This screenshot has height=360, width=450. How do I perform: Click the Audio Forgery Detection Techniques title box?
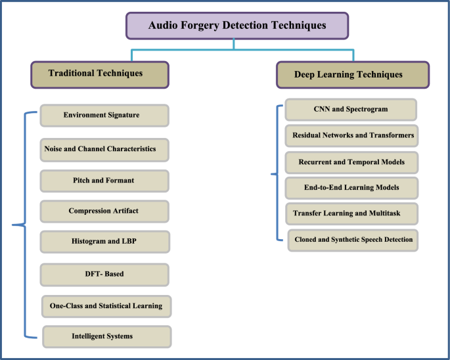coord(236,26)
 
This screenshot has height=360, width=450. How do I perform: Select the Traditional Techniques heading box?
coord(100,74)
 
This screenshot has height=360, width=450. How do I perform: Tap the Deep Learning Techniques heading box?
coord(353,74)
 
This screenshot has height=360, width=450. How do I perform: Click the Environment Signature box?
coord(104,116)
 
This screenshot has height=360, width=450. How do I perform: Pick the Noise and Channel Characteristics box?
coord(104,149)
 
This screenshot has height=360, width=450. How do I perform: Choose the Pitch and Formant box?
coord(104,181)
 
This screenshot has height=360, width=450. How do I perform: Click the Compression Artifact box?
coord(104,211)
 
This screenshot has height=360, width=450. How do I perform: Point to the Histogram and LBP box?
coord(104,242)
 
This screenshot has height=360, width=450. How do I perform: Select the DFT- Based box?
coord(104,275)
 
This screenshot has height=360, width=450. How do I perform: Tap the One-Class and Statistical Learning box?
coord(106,306)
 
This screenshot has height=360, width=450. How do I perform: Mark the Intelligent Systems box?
coord(106,336)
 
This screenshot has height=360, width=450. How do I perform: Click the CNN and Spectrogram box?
coord(351,110)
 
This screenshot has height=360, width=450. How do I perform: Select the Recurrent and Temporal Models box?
coord(351,162)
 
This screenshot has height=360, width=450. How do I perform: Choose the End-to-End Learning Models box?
coord(351,188)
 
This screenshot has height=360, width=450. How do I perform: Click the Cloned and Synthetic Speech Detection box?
coord(353,240)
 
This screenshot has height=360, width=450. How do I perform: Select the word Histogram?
coord(89,242)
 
